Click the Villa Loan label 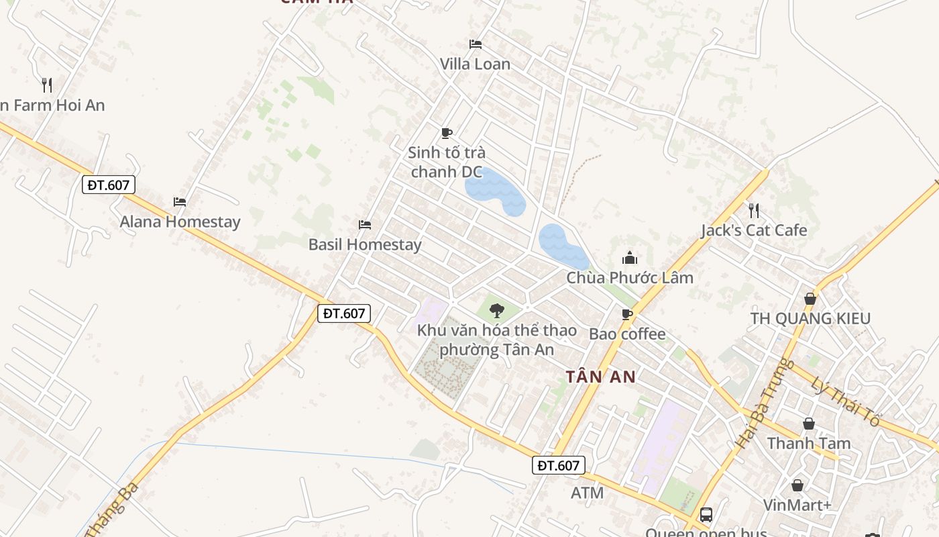(475, 64)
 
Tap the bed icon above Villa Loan (476, 44)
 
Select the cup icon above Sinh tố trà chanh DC (447, 133)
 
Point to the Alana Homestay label (180, 222)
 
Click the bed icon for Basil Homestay (365, 224)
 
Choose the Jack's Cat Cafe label (754, 230)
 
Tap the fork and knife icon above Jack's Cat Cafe (754, 211)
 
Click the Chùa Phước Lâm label (630, 277)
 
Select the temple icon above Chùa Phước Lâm (630, 258)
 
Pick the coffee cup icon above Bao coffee (627, 314)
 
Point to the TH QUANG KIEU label (810, 318)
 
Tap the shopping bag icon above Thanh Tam (809, 424)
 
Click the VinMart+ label (797, 505)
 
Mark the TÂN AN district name (600, 377)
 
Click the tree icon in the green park (497, 310)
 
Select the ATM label (587, 493)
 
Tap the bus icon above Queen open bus (706, 515)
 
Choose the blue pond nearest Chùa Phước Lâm (562, 246)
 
